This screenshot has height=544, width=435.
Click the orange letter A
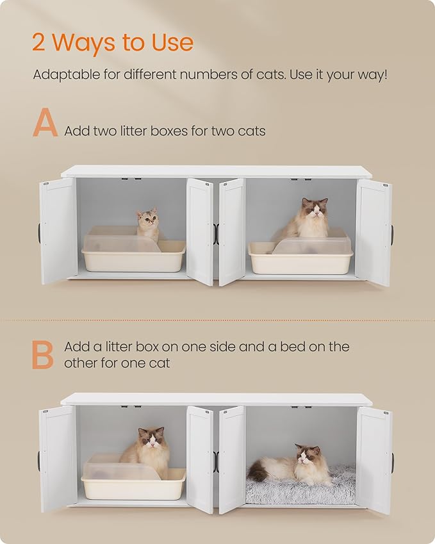click(x=45, y=123)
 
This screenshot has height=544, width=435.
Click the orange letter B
click(x=43, y=354)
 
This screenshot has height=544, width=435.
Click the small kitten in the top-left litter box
click(x=148, y=224)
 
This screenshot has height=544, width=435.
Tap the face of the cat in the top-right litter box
click(x=315, y=210)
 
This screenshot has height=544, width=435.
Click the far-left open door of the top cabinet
click(x=58, y=231)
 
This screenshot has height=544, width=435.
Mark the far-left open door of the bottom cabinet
click(x=58, y=458)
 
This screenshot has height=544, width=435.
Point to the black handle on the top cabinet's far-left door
click(x=40, y=233)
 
